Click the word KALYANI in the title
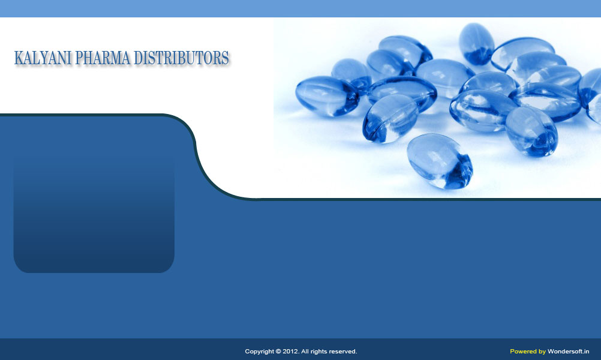[43, 58]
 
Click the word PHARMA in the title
[103, 58]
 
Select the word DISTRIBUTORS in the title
[181, 58]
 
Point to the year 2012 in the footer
[290, 351]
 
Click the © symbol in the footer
[279, 351]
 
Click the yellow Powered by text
[528, 352]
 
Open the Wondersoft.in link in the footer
[569, 351]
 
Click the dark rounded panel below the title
[94, 213]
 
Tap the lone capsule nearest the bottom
[440, 161]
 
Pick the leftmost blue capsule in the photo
[327, 96]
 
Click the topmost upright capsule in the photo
[476, 44]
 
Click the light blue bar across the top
[300, 8]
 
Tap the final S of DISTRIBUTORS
[226, 58]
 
